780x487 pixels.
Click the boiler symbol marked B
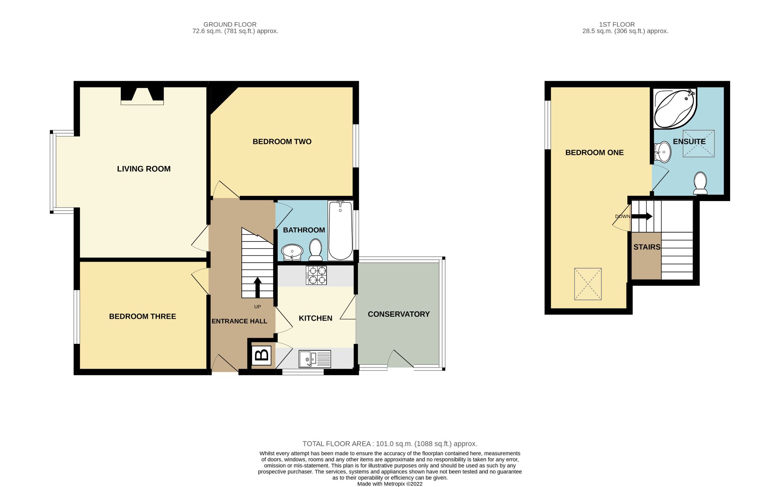(x=261, y=355)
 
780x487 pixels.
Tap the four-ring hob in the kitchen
(x=316, y=275)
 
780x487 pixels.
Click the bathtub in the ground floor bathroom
(x=340, y=231)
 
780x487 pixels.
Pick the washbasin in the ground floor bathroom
(x=292, y=252)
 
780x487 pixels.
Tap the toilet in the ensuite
(x=700, y=183)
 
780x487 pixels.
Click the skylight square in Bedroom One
(x=588, y=284)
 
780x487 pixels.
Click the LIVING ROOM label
(x=144, y=169)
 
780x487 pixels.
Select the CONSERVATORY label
(x=398, y=314)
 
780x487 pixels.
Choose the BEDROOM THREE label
(x=142, y=316)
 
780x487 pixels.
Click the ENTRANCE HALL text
(x=239, y=321)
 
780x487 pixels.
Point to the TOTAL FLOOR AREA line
(x=390, y=444)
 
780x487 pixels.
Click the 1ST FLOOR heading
(x=617, y=24)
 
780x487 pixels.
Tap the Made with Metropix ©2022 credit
(x=390, y=484)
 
